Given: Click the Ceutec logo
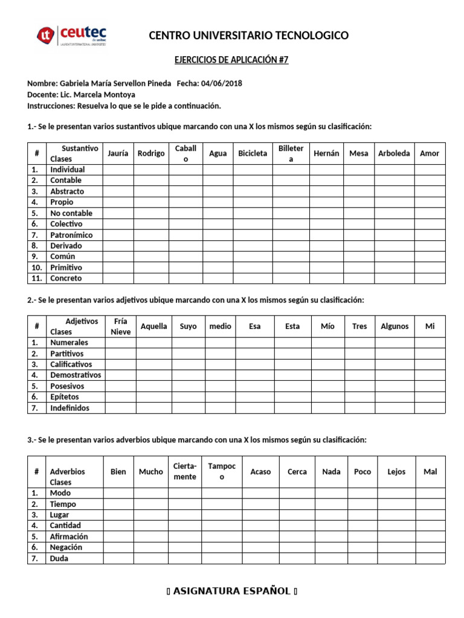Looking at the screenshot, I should pos(71,36).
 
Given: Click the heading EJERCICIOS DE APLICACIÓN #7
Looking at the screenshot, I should pos(231,60).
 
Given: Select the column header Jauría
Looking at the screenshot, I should pos(118,153).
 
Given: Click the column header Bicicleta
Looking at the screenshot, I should pos(253,153).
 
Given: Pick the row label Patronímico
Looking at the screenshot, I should pos(71,235).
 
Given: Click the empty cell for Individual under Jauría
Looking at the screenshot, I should pos(118,170).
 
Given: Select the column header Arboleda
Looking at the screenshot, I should pos(394,153).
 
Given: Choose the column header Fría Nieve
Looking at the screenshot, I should pos(121,327).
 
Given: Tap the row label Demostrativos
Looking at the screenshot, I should pos(76,375).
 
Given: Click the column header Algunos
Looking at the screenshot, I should pos(395,327).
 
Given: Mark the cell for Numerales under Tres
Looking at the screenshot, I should pos(359,342).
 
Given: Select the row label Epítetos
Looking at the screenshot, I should pos(65,397).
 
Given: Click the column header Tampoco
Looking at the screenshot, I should pos(222,471).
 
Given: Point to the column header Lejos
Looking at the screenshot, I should pos(396,472).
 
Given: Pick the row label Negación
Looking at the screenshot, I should pos(66,547).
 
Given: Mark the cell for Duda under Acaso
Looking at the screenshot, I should pos(260,558).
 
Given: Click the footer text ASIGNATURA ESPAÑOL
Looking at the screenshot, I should pos(232,591).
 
